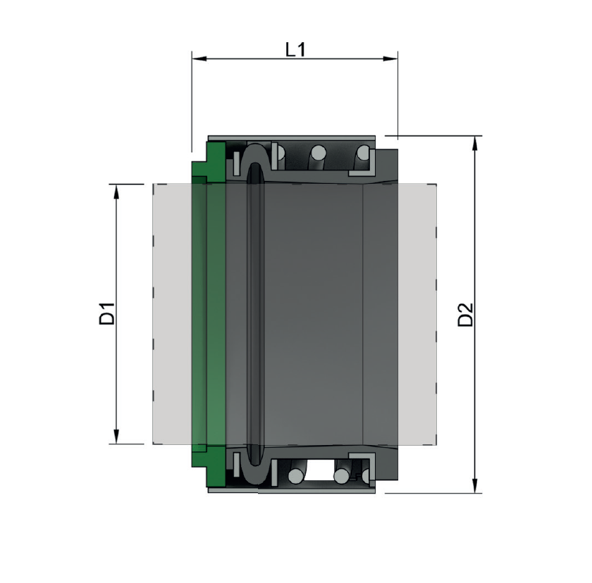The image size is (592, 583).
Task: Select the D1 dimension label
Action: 106,313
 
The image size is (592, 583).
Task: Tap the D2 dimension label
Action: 466,314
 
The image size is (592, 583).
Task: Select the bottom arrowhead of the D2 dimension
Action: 476,487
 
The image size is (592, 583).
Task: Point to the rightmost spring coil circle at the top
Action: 364,151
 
